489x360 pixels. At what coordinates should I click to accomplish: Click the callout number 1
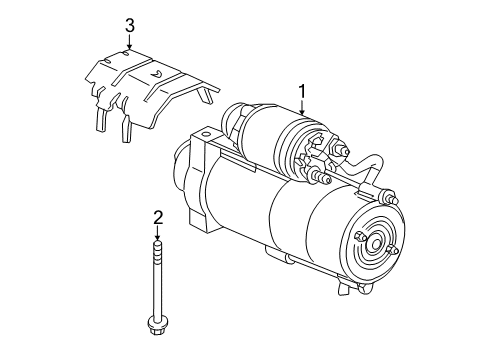(x=301, y=92)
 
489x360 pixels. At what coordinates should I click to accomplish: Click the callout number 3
(x=128, y=25)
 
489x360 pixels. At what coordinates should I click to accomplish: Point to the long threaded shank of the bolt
(x=159, y=280)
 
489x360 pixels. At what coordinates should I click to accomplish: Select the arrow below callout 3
(x=128, y=41)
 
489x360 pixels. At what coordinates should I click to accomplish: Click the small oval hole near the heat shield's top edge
(x=122, y=53)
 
